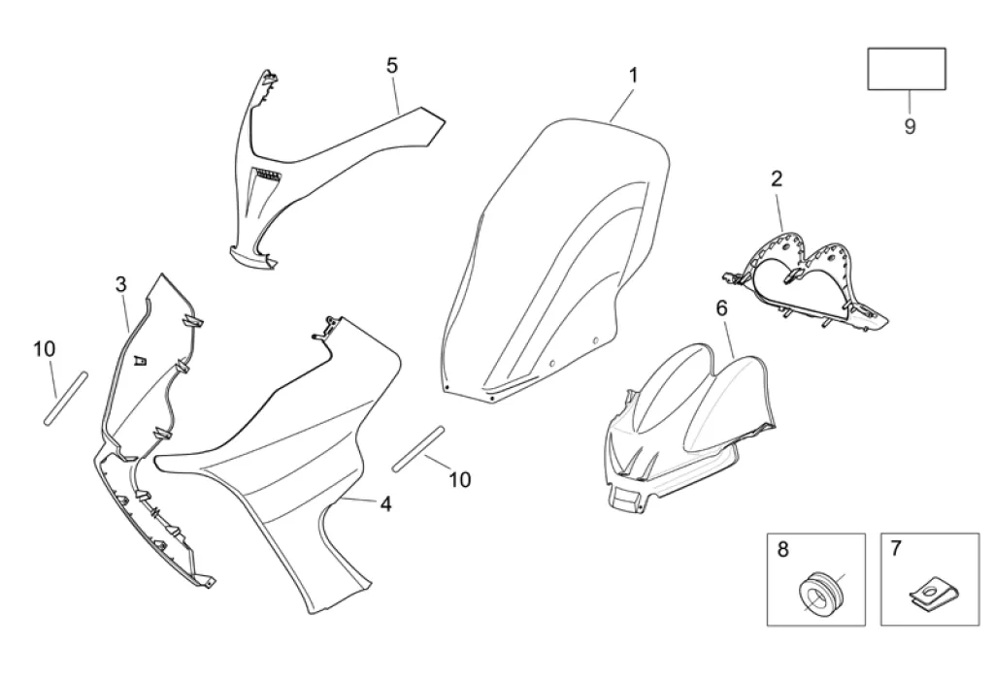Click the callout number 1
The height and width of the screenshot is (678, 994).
(633, 75)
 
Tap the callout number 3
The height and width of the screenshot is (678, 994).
(121, 284)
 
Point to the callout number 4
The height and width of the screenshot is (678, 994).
(385, 503)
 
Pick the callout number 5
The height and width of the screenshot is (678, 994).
(392, 65)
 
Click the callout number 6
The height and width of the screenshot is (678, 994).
(721, 308)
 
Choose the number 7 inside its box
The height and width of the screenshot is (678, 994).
(895, 549)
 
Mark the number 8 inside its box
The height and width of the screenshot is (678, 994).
(782, 549)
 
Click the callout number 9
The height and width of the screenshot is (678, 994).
(910, 127)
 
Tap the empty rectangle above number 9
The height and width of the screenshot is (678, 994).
(906, 68)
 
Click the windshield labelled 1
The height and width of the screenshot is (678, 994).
(553, 262)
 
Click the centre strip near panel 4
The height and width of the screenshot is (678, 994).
(419, 448)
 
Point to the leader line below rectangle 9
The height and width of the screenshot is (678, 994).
(910, 102)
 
